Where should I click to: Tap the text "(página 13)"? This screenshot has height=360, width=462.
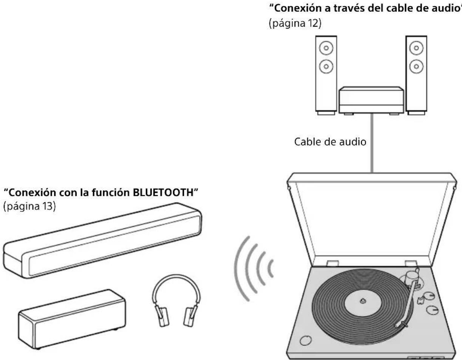(x=30, y=207)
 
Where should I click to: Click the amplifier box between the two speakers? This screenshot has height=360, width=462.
(x=371, y=100)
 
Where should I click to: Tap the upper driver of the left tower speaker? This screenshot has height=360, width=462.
(x=326, y=48)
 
